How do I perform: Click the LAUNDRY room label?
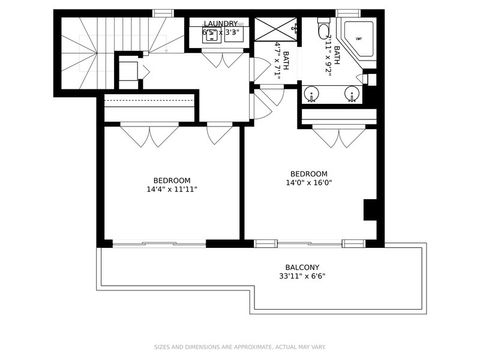220,23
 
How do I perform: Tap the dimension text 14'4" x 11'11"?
172,189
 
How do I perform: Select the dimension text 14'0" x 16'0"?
310,182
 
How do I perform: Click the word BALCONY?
302,267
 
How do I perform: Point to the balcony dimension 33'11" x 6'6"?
302,277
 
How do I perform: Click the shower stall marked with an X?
270,30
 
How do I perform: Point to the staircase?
90,50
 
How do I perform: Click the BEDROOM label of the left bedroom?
172,180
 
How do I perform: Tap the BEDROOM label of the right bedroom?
310,172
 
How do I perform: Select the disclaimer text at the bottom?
240,348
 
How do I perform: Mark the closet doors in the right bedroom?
339,134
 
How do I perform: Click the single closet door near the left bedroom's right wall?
218,132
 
